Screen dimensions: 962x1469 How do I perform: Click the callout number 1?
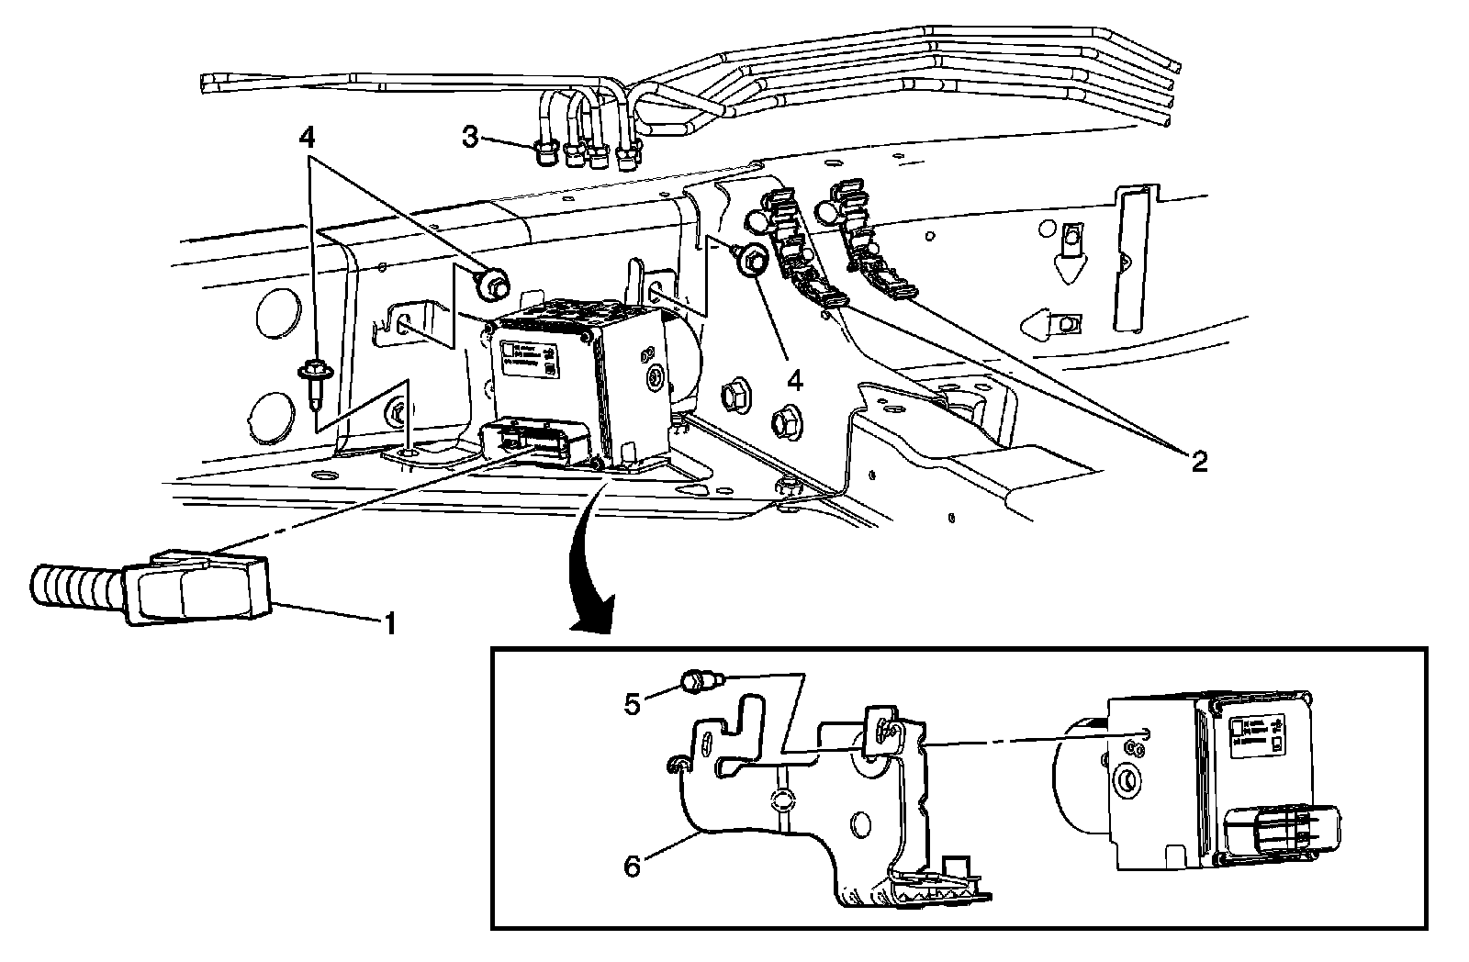[x=389, y=625]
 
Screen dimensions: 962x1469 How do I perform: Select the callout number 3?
[x=470, y=138]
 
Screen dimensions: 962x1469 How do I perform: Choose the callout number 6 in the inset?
[x=633, y=865]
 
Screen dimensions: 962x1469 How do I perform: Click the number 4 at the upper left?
[x=307, y=139]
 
